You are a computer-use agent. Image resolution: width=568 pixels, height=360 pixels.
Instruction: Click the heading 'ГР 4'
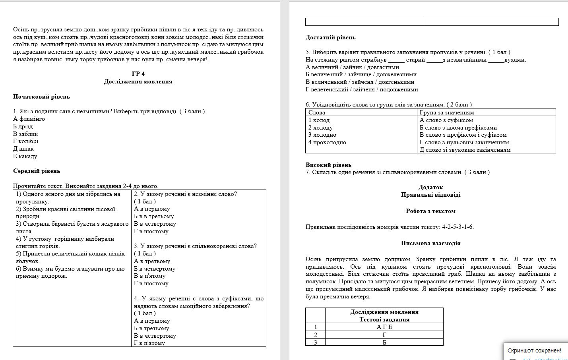click(x=138, y=74)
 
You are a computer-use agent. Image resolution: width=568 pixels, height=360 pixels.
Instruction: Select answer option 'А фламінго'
click(x=29, y=119)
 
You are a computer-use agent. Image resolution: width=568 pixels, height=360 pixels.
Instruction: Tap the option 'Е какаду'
click(x=25, y=156)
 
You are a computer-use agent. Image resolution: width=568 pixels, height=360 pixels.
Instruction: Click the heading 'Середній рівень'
click(x=37, y=171)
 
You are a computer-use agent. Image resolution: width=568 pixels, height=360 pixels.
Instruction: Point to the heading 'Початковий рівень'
click(x=41, y=97)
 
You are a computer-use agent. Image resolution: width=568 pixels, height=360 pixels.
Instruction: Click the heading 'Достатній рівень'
click(x=330, y=37)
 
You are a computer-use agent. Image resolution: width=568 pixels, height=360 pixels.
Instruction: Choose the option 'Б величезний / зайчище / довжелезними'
click(x=361, y=74)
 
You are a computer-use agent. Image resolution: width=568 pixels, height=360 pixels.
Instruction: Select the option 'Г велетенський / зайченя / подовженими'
click(x=362, y=89)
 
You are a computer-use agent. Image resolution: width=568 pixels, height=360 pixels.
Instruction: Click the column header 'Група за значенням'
click(x=447, y=112)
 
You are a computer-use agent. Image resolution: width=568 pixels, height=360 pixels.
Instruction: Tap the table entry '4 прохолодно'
click(x=327, y=142)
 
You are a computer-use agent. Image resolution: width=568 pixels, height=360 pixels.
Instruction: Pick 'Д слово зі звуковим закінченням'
click(x=465, y=150)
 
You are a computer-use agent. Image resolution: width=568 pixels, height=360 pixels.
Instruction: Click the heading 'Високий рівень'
click(x=328, y=165)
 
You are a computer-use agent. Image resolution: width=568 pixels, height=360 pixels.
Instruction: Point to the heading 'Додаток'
click(x=430, y=187)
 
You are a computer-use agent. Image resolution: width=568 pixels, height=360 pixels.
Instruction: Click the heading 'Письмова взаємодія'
click(x=430, y=243)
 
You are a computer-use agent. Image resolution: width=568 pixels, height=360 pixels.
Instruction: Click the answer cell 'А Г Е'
click(x=384, y=327)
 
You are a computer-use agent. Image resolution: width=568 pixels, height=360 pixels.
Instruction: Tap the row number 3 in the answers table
click(x=316, y=342)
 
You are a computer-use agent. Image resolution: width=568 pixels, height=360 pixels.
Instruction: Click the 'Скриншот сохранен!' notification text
click(x=534, y=350)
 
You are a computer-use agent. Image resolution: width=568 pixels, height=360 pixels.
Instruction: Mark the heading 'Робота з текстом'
click(x=430, y=211)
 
